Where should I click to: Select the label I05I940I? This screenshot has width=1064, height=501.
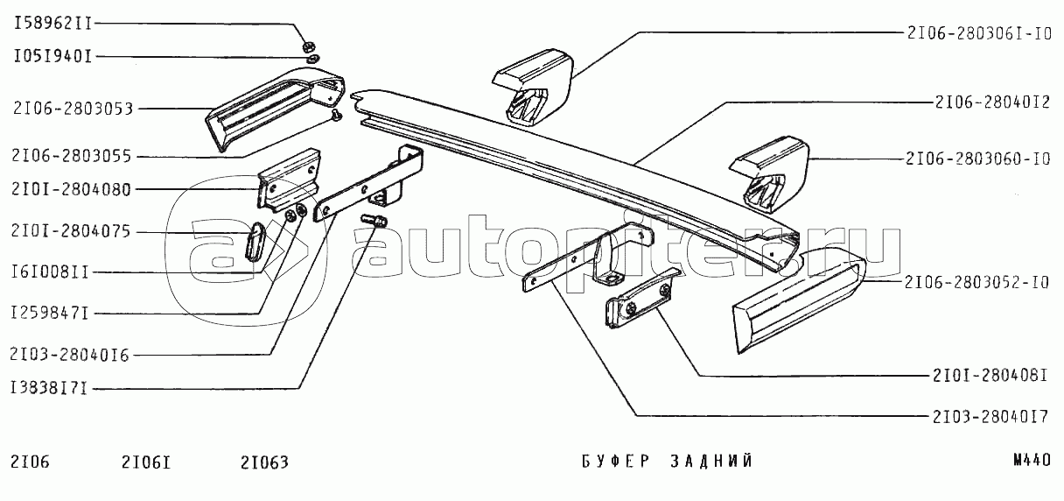pyautogui.click(x=52, y=57)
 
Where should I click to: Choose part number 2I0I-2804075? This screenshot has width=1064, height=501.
pyautogui.click(x=71, y=232)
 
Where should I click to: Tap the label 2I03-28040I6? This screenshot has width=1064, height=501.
pyautogui.click(x=71, y=356)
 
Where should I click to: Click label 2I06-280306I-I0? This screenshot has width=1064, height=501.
pyautogui.click(x=980, y=34)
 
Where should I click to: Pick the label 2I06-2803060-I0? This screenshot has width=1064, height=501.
pyautogui.click(x=980, y=160)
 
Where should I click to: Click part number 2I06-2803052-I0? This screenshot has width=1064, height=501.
pyautogui.click(x=980, y=283)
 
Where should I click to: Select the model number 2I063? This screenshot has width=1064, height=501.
pyautogui.click(x=263, y=462)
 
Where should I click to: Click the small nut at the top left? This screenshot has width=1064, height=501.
pyautogui.click(x=309, y=43)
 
